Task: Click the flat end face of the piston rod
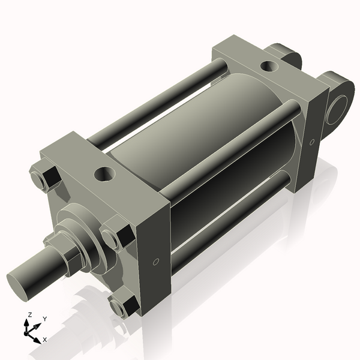[20, 283]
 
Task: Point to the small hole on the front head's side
[156, 262]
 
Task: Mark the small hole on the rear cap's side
[312, 142]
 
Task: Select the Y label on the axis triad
[44, 320]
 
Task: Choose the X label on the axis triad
[45, 340]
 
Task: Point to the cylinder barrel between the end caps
[198, 138]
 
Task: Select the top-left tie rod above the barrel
[156, 102]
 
